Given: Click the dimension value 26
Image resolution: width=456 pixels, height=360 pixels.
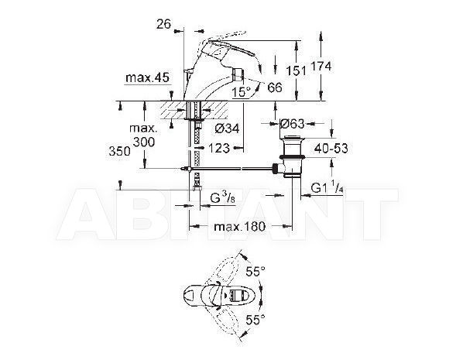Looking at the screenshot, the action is click(x=163, y=24).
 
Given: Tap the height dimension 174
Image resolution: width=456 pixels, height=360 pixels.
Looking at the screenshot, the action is click(x=321, y=67).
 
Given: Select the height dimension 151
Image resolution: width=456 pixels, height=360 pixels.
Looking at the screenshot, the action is click(x=296, y=71).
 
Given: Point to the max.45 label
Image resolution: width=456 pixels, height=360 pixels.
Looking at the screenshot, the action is click(x=147, y=78).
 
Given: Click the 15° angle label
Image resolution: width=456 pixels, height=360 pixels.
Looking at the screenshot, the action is click(x=241, y=92).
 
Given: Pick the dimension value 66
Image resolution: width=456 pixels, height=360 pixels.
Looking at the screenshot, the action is click(x=275, y=87).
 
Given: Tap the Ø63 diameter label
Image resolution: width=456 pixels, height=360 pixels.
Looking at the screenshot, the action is click(x=292, y=124).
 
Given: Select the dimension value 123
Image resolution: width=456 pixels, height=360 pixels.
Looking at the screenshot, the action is click(x=219, y=149).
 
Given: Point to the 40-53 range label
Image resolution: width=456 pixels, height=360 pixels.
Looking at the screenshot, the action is click(x=331, y=149).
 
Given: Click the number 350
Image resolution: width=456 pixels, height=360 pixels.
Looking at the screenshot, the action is click(x=119, y=151).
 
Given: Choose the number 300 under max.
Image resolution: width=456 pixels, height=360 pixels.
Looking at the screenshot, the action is click(x=144, y=142).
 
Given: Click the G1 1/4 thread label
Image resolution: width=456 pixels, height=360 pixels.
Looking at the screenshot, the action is click(x=327, y=188).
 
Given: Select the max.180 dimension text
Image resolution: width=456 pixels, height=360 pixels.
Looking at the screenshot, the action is click(x=240, y=227).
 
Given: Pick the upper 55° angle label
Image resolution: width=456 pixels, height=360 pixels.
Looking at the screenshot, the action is click(x=255, y=272).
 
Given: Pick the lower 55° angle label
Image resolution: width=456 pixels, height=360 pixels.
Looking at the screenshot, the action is click(x=255, y=321).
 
